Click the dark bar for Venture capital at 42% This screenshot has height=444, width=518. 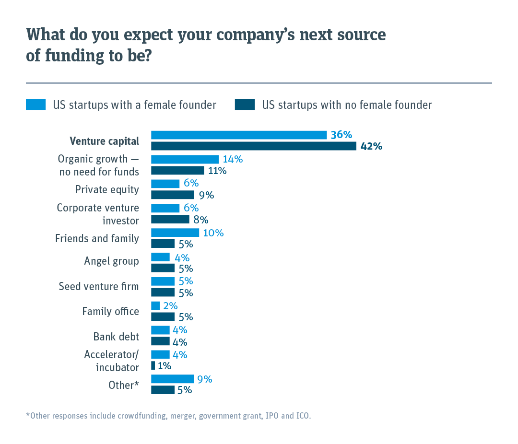pos(253,146)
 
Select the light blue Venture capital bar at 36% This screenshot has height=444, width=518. pos(239,135)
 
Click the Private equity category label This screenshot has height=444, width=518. pos(107,189)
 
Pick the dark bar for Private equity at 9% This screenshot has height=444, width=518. pos(173,195)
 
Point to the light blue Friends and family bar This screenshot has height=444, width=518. pos(175,233)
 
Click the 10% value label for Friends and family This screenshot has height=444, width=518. pos(213,233)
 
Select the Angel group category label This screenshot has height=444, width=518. pos(111,261)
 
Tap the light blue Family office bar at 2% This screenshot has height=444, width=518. pos(155,305)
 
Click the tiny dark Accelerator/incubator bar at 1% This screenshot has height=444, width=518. pos(153,365)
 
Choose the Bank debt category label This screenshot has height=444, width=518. pos(116,336)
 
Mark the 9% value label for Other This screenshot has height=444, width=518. pos(205,379)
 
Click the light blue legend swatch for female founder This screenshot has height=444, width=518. pos(35,105)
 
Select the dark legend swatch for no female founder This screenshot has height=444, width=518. pos(245,105)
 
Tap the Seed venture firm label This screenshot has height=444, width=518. pos(98,286)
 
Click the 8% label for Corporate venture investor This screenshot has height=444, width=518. pos(201,220)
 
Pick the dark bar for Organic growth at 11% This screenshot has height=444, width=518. pos(177,170)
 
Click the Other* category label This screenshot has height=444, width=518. pos(123,385)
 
